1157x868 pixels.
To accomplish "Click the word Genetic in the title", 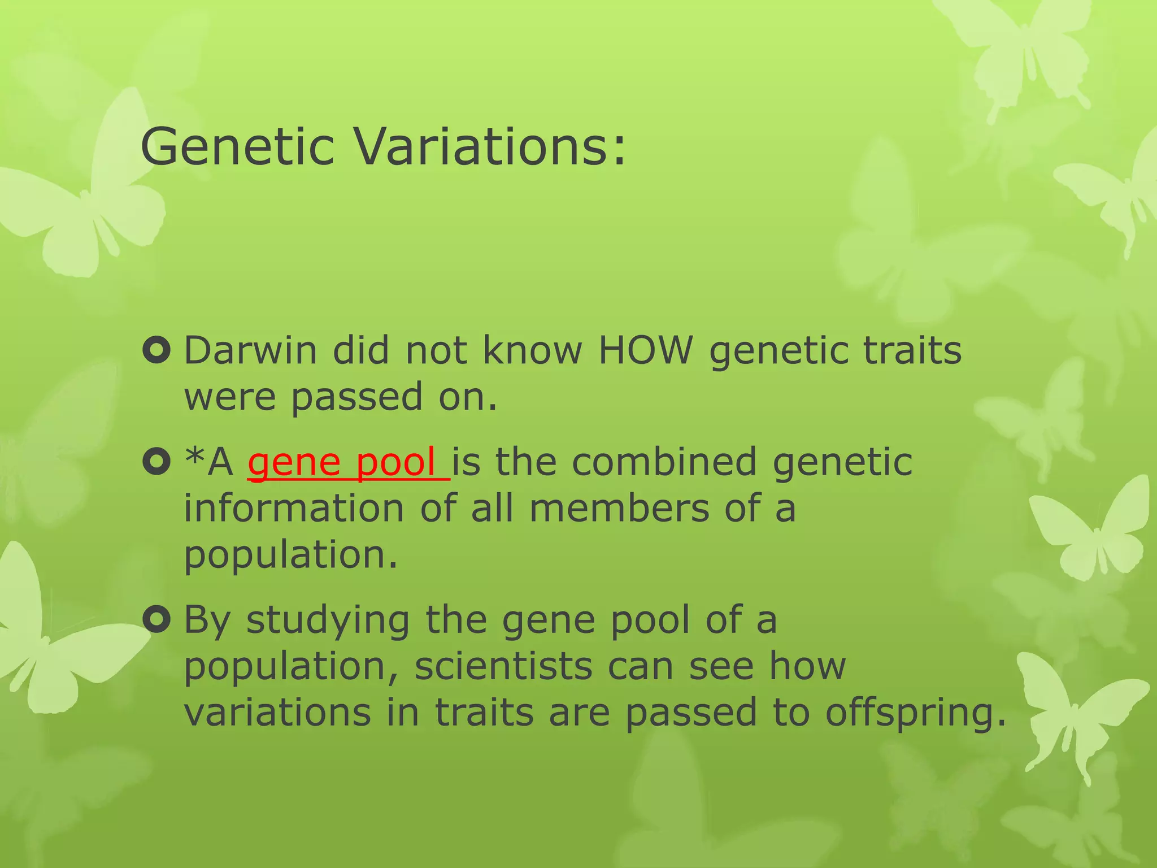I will coord(237,147).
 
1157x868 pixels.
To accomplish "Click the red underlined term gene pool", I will coord(348,462).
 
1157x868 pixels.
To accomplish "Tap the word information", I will coord(294,509).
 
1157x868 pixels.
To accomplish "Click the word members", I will coord(619,509).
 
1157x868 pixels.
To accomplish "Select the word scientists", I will coord(503,667).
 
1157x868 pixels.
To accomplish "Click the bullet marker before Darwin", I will coord(156,350).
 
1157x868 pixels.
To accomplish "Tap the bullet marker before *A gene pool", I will coord(156,462).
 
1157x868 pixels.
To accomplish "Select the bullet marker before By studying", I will coord(156,620).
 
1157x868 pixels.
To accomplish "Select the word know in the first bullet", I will coord(532,350).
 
